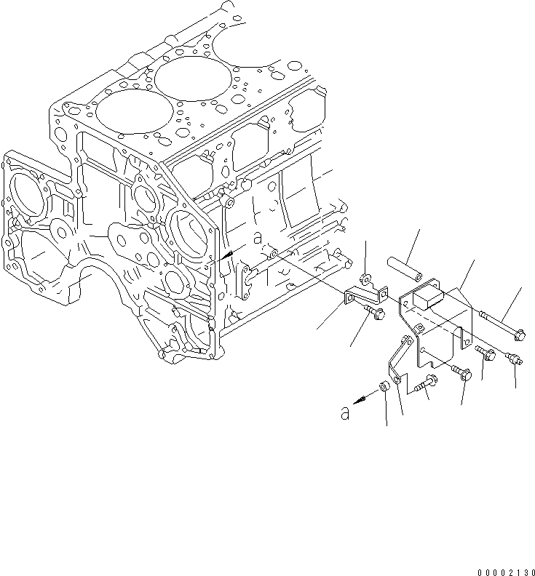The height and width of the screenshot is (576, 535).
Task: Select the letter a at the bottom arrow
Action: (x=346, y=412)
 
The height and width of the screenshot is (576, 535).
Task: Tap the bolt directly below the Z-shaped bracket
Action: (x=376, y=313)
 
